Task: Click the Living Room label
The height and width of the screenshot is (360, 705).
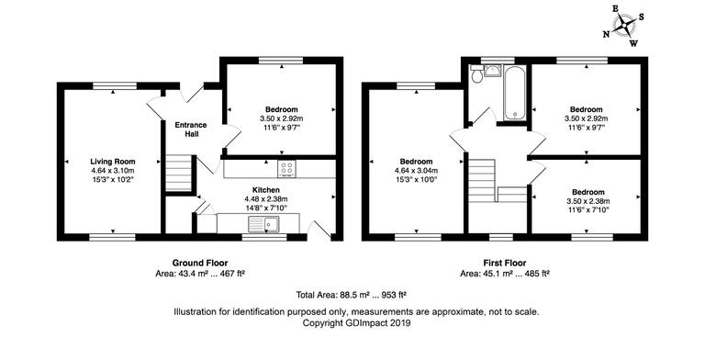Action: (x=112, y=162)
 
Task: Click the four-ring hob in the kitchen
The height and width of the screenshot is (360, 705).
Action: (x=287, y=169)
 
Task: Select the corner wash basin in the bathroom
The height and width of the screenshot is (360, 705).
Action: (x=492, y=71)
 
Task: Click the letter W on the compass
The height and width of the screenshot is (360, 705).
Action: (x=634, y=42)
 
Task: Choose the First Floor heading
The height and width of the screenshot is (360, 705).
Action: (x=504, y=262)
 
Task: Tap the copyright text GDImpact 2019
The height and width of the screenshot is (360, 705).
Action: (x=357, y=323)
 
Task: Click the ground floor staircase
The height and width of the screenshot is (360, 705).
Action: (x=180, y=172)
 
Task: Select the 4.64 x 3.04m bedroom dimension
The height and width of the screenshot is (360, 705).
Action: (x=417, y=171)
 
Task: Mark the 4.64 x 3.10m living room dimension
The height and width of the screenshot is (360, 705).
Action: (x=112, y=171)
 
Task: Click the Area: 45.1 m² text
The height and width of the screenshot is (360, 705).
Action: (x=504, y=273)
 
